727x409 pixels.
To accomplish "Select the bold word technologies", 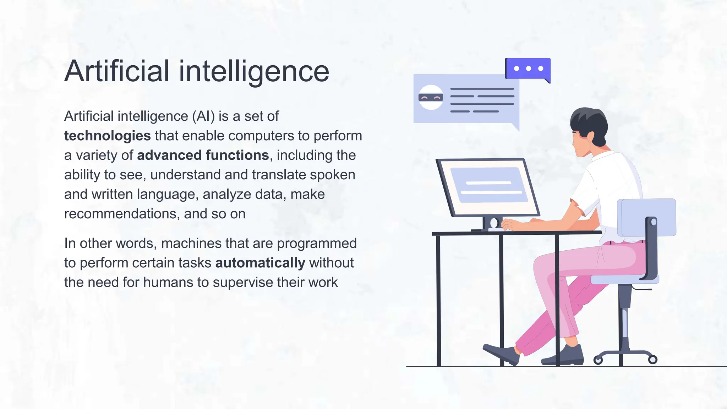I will (107, 136).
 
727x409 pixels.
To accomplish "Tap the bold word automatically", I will (260, 263).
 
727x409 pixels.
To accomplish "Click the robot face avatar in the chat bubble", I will (431, 97).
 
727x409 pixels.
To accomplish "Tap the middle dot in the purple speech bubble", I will (529, 69).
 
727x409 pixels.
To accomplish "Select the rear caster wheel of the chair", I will (652, 360).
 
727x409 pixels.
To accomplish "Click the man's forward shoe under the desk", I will (501, 353).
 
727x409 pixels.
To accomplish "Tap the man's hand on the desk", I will (510, 225).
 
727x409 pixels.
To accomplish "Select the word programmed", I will (317, 243).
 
